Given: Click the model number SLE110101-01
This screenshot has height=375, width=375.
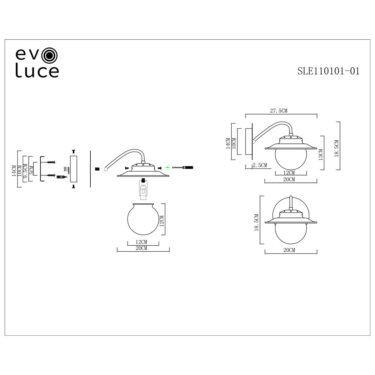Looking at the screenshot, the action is pos(328,71).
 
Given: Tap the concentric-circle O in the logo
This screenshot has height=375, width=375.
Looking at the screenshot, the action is pos(50,55).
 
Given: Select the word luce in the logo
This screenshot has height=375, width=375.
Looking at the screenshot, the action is pos(37,70).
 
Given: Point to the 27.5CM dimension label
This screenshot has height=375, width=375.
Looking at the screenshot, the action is pos(279,111).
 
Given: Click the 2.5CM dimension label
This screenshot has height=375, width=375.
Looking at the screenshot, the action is pos(260,165).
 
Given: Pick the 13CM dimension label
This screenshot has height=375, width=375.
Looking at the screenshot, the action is pos(321,155).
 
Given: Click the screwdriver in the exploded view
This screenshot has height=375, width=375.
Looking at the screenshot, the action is pos(182,167).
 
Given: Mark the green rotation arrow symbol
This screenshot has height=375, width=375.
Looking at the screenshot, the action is pos(167,167).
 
